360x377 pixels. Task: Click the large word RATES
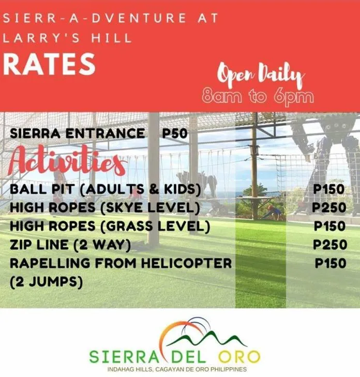pyautogui.click(x=49, y=64)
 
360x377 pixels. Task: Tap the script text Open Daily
pyautogui.click(x=261, y=75)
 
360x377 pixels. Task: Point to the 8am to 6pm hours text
pyautogui.click(x=258, y=97)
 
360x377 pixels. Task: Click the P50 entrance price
pyautogui.click(x=175, y=133)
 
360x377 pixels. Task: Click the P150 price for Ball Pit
pyautogui.click(x=329, y=189)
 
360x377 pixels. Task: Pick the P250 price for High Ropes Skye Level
pyautogui.click(x=329, y=208)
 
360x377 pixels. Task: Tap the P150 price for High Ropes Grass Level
pyautogui.click(x=329, y=226)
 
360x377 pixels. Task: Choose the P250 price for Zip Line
pyautogui.click(x=330, y=245)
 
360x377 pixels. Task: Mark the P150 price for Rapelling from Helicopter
pyautogui.click(x=331, y=263)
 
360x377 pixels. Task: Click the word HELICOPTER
pyautogui.click(x=186, y=263)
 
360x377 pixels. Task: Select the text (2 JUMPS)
pyautogui.click(x=47, y=281)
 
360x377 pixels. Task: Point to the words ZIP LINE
pyautogui.click(x=39, y=245)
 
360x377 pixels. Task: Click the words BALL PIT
pyautogui.click(x=42, y=189)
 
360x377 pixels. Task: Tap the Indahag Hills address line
pyautogui.click(x=177, y=369)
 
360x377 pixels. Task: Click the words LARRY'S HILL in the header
pyautogui.click(x=67, y=38)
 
